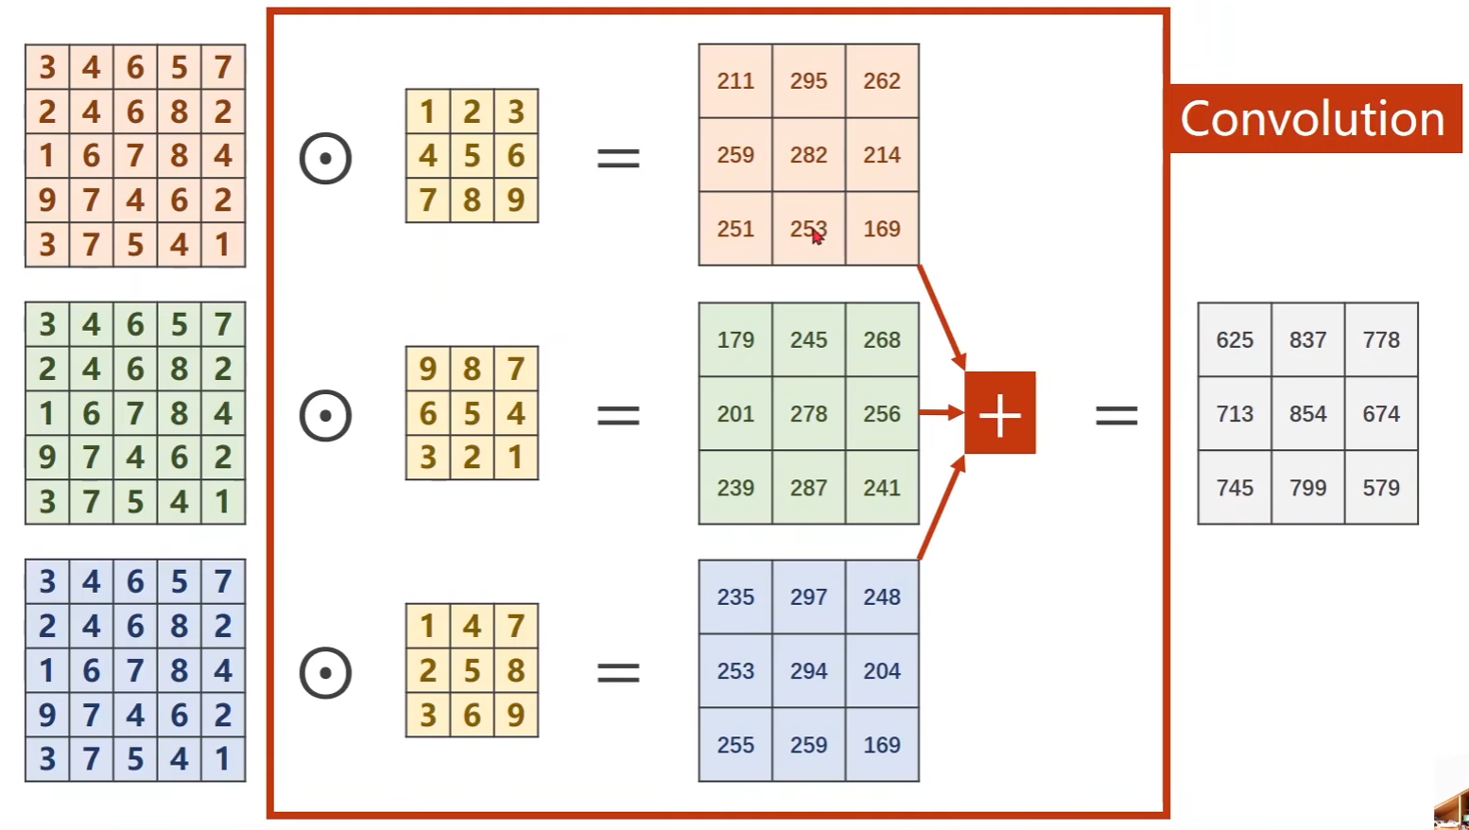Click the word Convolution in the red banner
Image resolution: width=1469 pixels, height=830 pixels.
tap(1312, 119)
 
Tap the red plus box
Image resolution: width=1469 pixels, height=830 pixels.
tap(1000, 414)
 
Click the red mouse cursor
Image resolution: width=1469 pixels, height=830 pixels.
tap(817, 236)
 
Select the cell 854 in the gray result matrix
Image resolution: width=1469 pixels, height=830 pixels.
tap(1307, 414)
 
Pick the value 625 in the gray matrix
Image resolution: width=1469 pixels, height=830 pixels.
tap(1235, 340)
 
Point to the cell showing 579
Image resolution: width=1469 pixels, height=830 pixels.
tap(1381, 488)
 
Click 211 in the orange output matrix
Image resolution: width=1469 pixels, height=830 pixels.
tap(735, 81)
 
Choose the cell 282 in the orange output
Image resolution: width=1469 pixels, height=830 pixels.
tap(808, 155)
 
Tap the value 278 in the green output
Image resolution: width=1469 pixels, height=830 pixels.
tap(808, 414)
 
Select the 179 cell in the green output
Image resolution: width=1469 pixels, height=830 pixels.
tap(735, 340)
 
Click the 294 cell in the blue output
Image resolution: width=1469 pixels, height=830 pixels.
tap(808, 671)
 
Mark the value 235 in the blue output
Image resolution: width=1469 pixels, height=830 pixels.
tap(735, 597)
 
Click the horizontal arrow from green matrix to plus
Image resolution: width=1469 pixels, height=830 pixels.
tap(941, 412)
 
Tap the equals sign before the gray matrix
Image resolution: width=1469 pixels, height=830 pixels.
tap(1116, 415)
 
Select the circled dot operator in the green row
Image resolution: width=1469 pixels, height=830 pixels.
tap(325, 415)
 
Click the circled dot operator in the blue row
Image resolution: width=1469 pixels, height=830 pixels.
tap(325, 673)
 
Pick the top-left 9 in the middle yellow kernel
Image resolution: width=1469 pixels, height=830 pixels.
tap(427, 369)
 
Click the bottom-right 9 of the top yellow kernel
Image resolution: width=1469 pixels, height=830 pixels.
tap(515, 200)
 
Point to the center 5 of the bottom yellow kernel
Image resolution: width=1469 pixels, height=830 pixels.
tap(472, 670)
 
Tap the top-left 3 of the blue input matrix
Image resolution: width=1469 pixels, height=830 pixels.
tap(47, 581)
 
